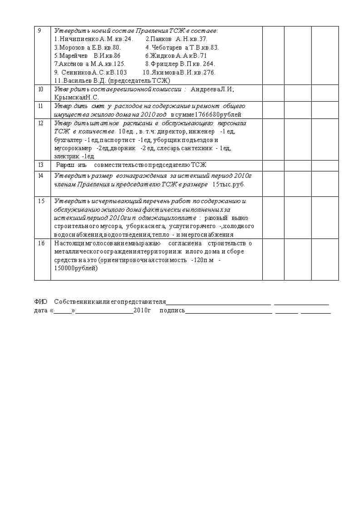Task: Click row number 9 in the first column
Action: pyautogui.click(x=39, y=31)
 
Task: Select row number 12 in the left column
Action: pyautogui.click(x=41, y=123)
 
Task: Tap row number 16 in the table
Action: pyautogui.click(x=41, y=243)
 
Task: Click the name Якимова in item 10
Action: pyautogui.click(x=164, y=72)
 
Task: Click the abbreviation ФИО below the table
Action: pyautogui.click(x=40, y=301)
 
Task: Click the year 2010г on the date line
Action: pyautogui.click(x=142, y=310)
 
